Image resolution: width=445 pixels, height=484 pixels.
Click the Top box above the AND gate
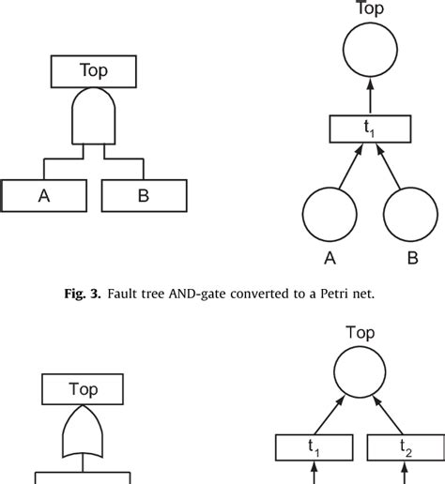[x=94, y=69]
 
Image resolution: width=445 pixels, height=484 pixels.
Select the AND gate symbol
[x=94, y=116]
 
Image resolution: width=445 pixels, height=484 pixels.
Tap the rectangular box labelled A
[x=44, y=195]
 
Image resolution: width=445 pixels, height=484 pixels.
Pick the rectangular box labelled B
[x=144, y=195]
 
